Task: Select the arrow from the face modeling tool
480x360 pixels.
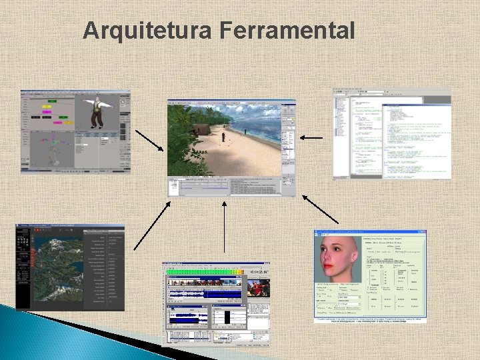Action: click(321, 209)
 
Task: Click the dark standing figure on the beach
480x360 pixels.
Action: click(224, 137)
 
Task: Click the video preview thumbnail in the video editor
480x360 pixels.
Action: click(259, 288)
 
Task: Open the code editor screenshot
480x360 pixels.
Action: click(392, 133)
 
